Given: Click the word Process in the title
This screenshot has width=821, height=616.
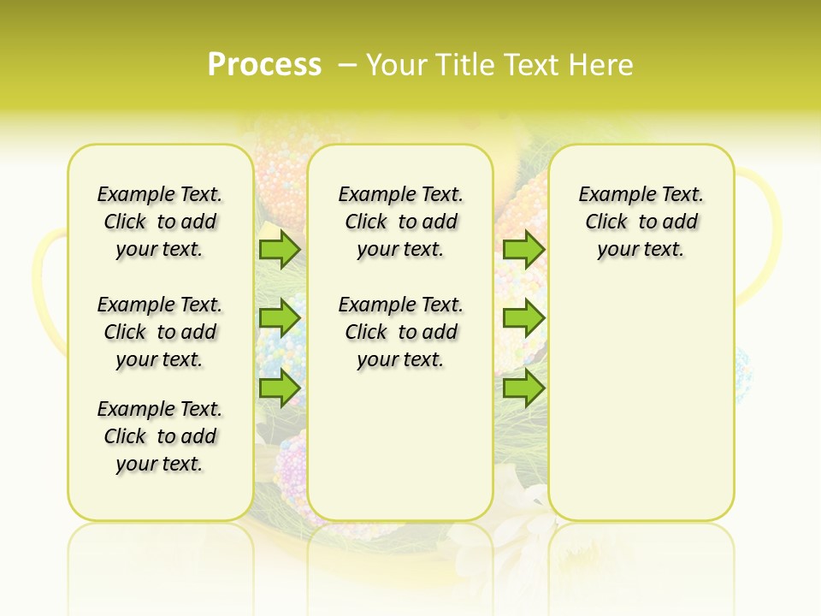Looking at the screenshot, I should tap(264, 64).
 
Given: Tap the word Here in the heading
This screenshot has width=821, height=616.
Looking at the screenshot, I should tap(600, 64).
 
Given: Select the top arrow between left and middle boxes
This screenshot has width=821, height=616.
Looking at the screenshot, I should tap(280, 249).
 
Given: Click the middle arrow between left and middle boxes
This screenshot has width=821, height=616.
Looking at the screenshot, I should tap(280, 318).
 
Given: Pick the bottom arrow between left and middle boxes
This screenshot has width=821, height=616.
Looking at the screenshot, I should tap(280, 388).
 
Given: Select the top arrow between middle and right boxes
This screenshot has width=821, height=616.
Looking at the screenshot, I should tap(523, 249).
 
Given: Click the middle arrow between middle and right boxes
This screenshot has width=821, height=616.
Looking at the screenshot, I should tap(523, 318).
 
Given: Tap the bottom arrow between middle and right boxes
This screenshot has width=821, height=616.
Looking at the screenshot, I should tap(523, 388).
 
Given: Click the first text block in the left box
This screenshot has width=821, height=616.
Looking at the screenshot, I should tap(160, 222).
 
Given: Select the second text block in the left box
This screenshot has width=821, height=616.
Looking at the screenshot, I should tap(160, 332).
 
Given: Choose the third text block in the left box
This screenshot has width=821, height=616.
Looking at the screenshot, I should tap(160, 436).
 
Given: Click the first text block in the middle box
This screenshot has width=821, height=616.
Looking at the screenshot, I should tap(400, 222).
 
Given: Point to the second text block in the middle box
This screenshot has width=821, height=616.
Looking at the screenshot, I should tap(400, 332).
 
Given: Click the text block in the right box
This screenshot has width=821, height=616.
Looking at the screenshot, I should tap(641, 222).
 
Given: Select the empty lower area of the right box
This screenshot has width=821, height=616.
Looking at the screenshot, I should tap(641, 402).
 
